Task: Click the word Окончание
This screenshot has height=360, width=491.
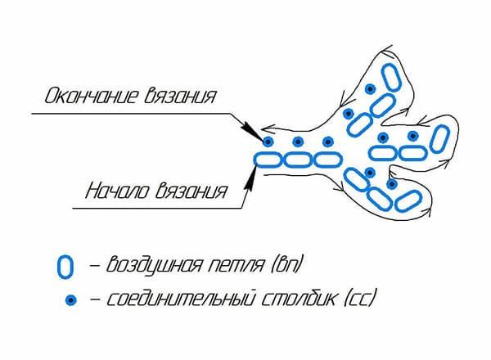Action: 92,95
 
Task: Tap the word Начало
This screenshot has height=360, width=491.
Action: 117,191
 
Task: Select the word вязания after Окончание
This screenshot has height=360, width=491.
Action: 180,95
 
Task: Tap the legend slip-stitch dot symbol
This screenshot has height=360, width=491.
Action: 71,300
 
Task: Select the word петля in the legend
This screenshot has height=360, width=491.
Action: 236,265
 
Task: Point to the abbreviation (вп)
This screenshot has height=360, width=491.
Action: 286,265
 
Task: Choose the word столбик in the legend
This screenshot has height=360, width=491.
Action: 298,298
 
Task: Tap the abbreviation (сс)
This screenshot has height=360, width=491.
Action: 359,299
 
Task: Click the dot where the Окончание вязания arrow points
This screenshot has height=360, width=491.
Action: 268,142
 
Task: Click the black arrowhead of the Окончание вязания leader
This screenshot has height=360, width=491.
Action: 252,131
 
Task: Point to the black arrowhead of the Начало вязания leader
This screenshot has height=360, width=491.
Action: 249,179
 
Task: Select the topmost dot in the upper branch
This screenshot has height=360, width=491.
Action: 371,89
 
